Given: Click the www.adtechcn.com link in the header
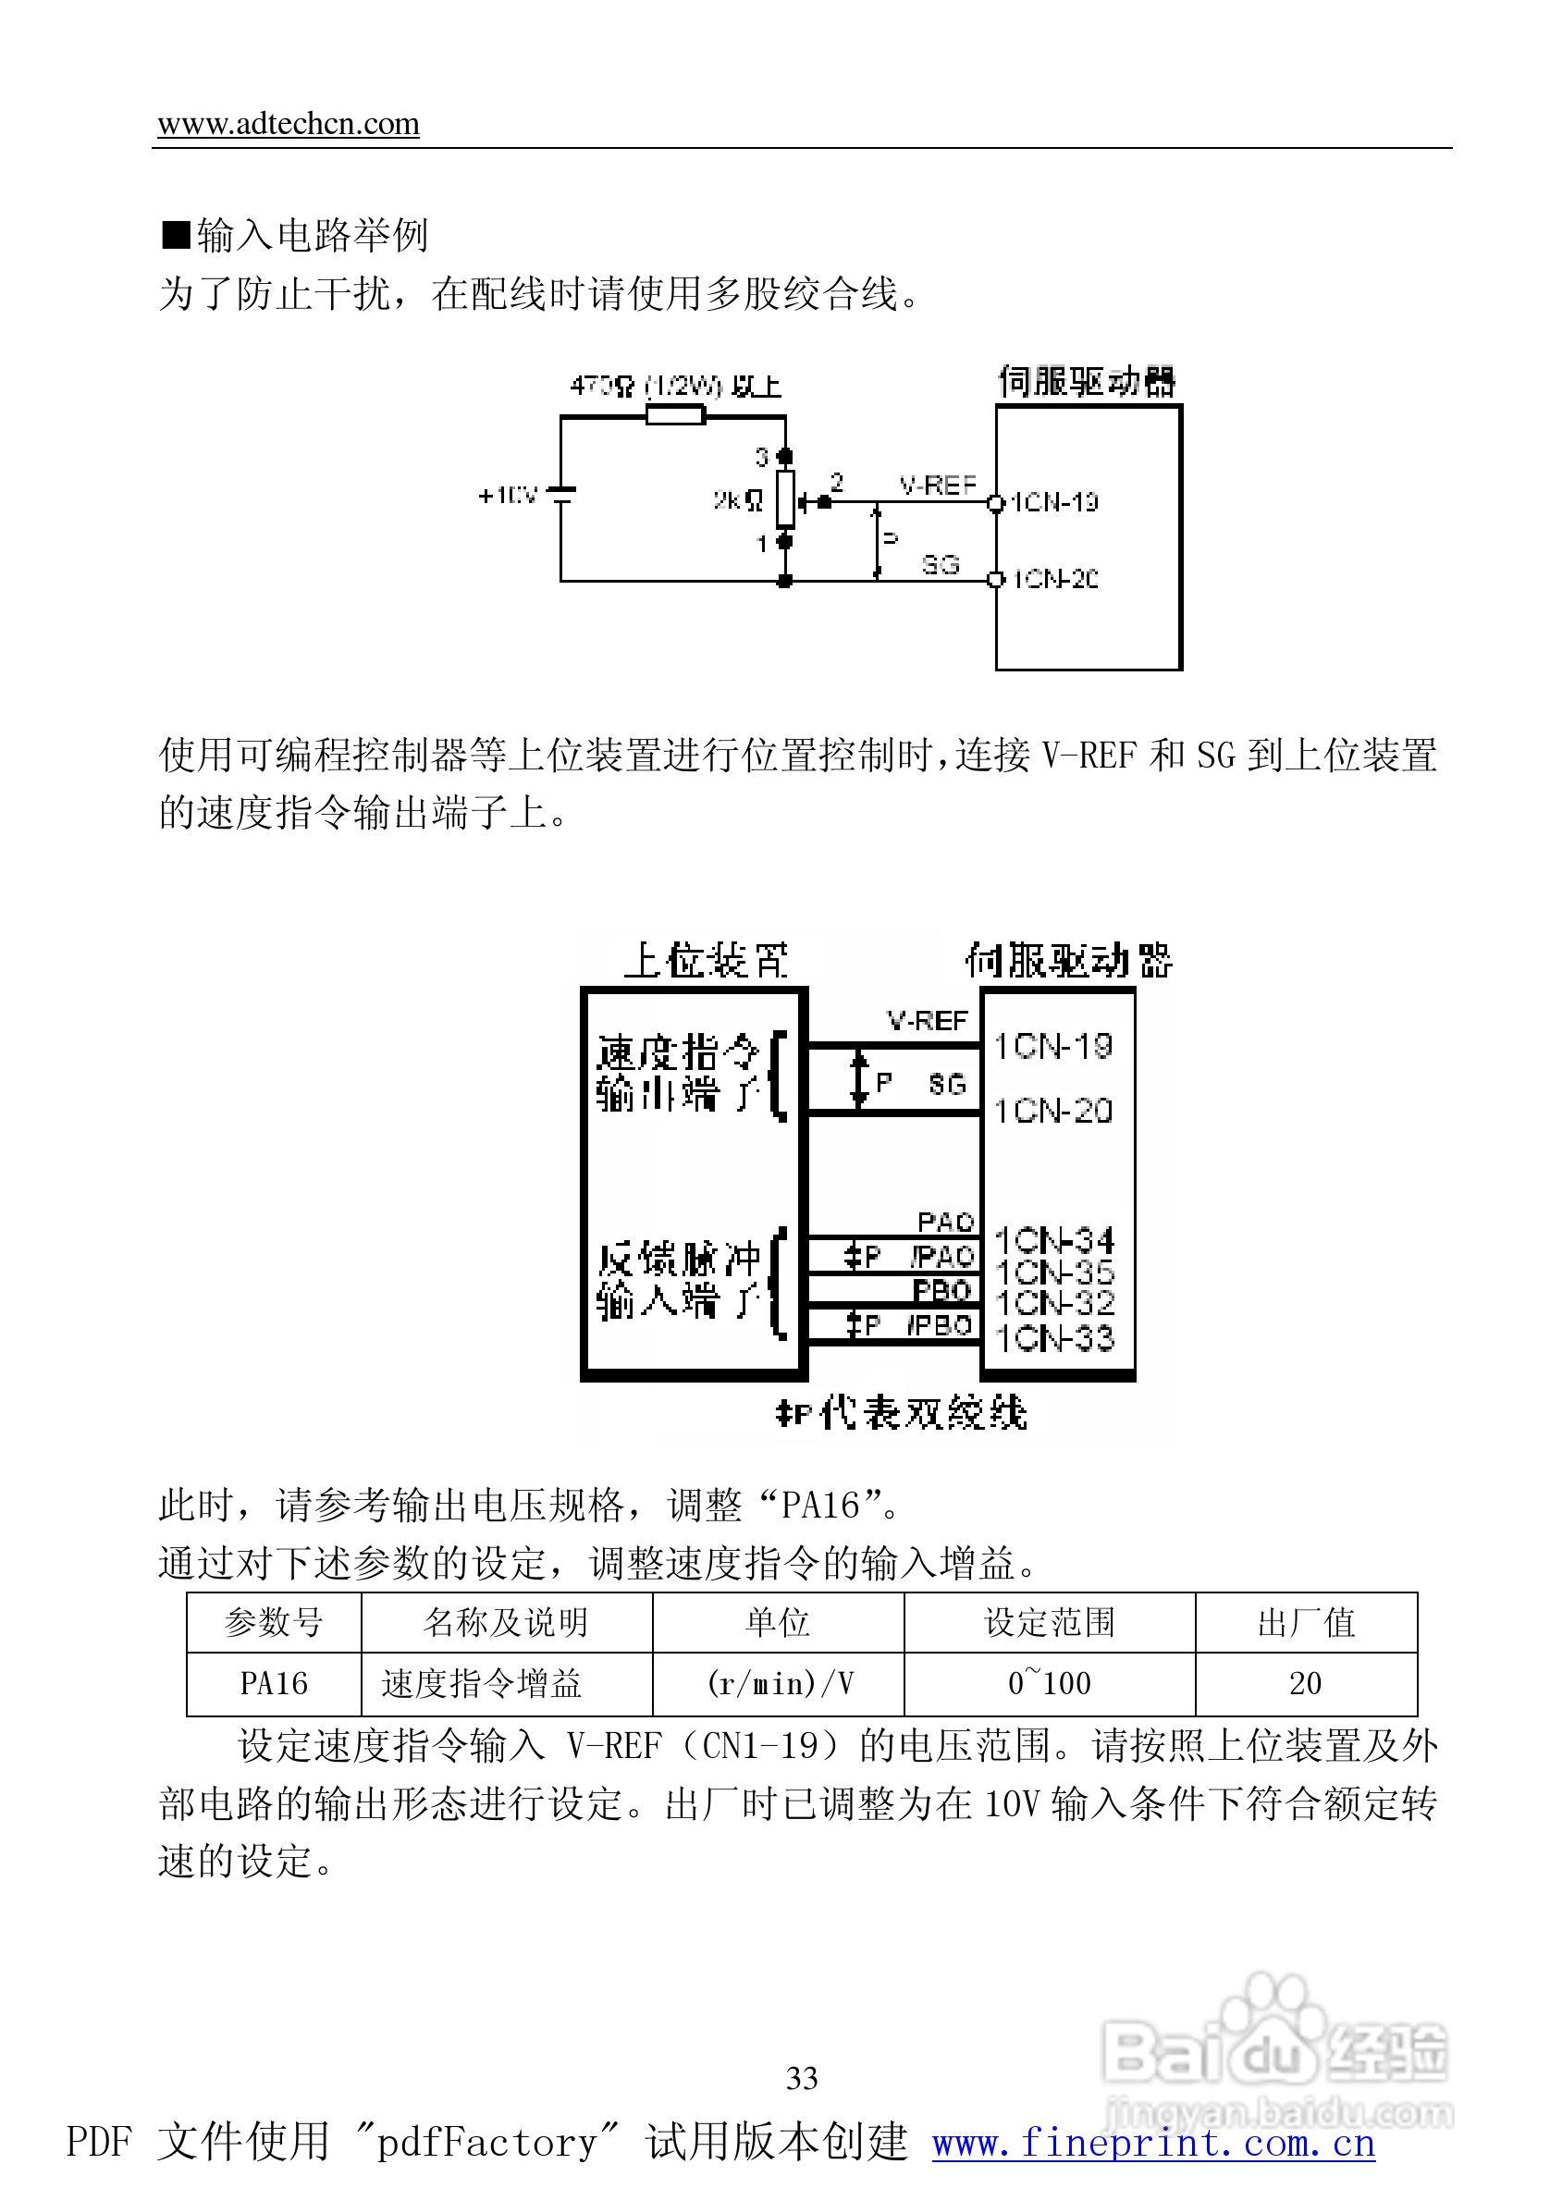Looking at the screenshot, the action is coord(288,124).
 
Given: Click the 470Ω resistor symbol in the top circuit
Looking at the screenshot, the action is coord(676,415).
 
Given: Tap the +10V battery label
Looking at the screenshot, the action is coord(507,496).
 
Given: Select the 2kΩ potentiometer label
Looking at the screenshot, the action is coord(737,499).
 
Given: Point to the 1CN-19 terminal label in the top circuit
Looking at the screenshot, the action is coord(1054,502).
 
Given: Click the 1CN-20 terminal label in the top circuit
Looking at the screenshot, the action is coord(1054,579).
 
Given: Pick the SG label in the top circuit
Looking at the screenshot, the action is coord(941,565).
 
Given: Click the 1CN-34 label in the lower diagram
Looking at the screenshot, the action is coord(1054,1241).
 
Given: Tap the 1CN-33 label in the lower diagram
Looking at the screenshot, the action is coord(1054,1337).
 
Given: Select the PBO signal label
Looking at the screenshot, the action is coord(942,1290).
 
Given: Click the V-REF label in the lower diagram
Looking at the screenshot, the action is coord(927,1021).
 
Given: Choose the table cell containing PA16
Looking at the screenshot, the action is coord(274,1683).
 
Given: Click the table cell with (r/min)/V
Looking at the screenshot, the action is coord(779,1683).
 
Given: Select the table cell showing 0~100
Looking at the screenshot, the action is coord(1050,1683).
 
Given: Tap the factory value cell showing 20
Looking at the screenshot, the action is coord(1306,1683).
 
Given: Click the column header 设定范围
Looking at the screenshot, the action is coord(1050,1622).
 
